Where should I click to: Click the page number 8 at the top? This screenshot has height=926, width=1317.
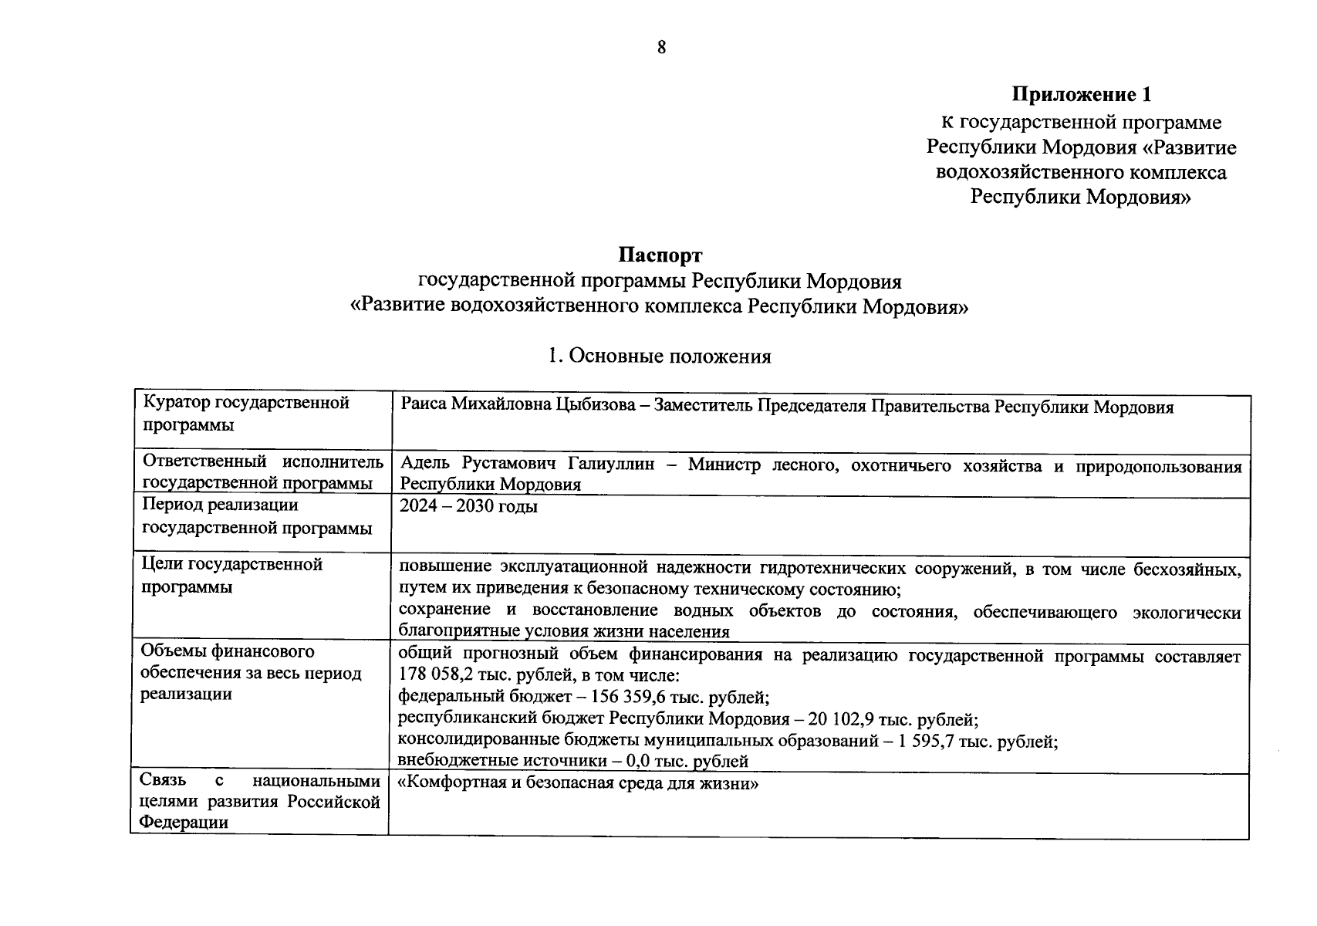[x=661, y=48]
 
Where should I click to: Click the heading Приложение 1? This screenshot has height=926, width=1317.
[x=1082, y=95]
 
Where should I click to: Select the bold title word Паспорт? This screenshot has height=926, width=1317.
[x=660, y=255]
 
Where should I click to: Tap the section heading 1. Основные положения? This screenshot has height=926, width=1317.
[x=659, y=357]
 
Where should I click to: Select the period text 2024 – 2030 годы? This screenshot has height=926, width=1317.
[x=468, y=507]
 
